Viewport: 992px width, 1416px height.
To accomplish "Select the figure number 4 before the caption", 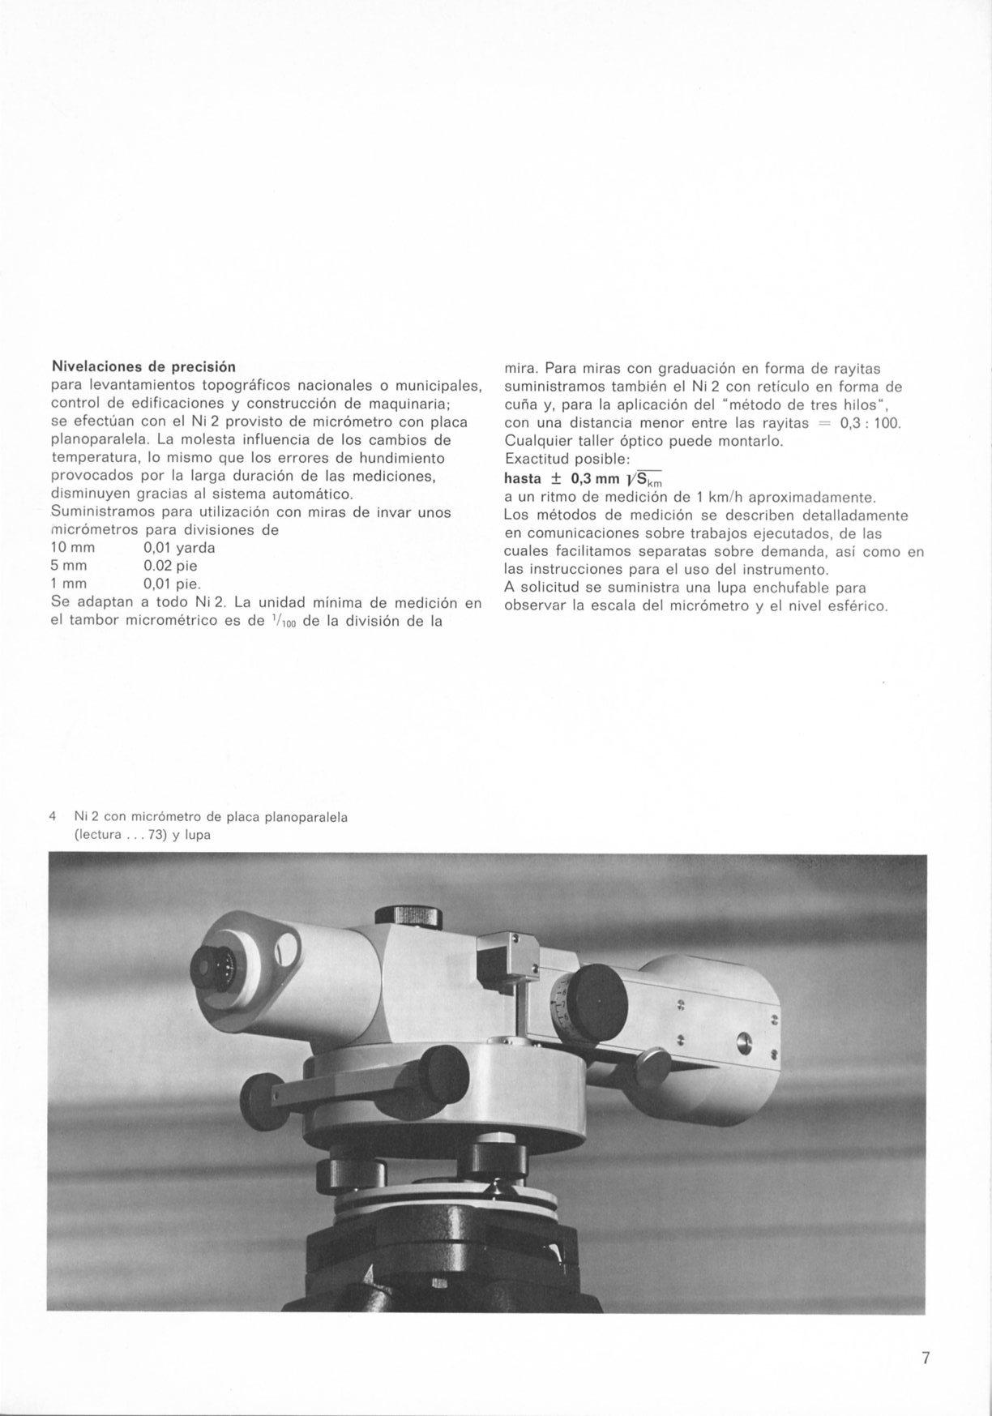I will coord(53,817).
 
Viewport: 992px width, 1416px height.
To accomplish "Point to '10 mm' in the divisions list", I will coord(73,548).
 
